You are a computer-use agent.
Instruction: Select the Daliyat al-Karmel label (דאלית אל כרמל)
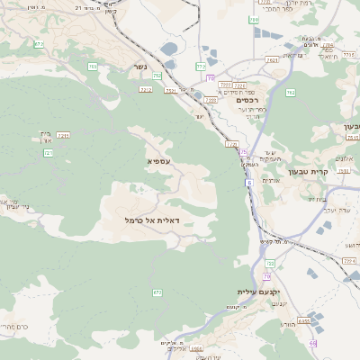click(x=152, y=220)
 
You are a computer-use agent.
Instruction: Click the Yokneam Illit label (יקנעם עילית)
click(x=259, y=292)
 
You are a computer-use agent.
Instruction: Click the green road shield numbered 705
click(x=93, y=67)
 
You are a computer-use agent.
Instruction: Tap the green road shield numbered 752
click(x=157, y=76)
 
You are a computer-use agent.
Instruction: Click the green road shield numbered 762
click(x=290, y=92)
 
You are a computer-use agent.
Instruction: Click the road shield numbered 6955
click(x=304, y=319)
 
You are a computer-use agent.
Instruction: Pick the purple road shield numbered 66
click(x=312, y=343)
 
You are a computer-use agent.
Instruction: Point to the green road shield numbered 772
click(x=201, y=67)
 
